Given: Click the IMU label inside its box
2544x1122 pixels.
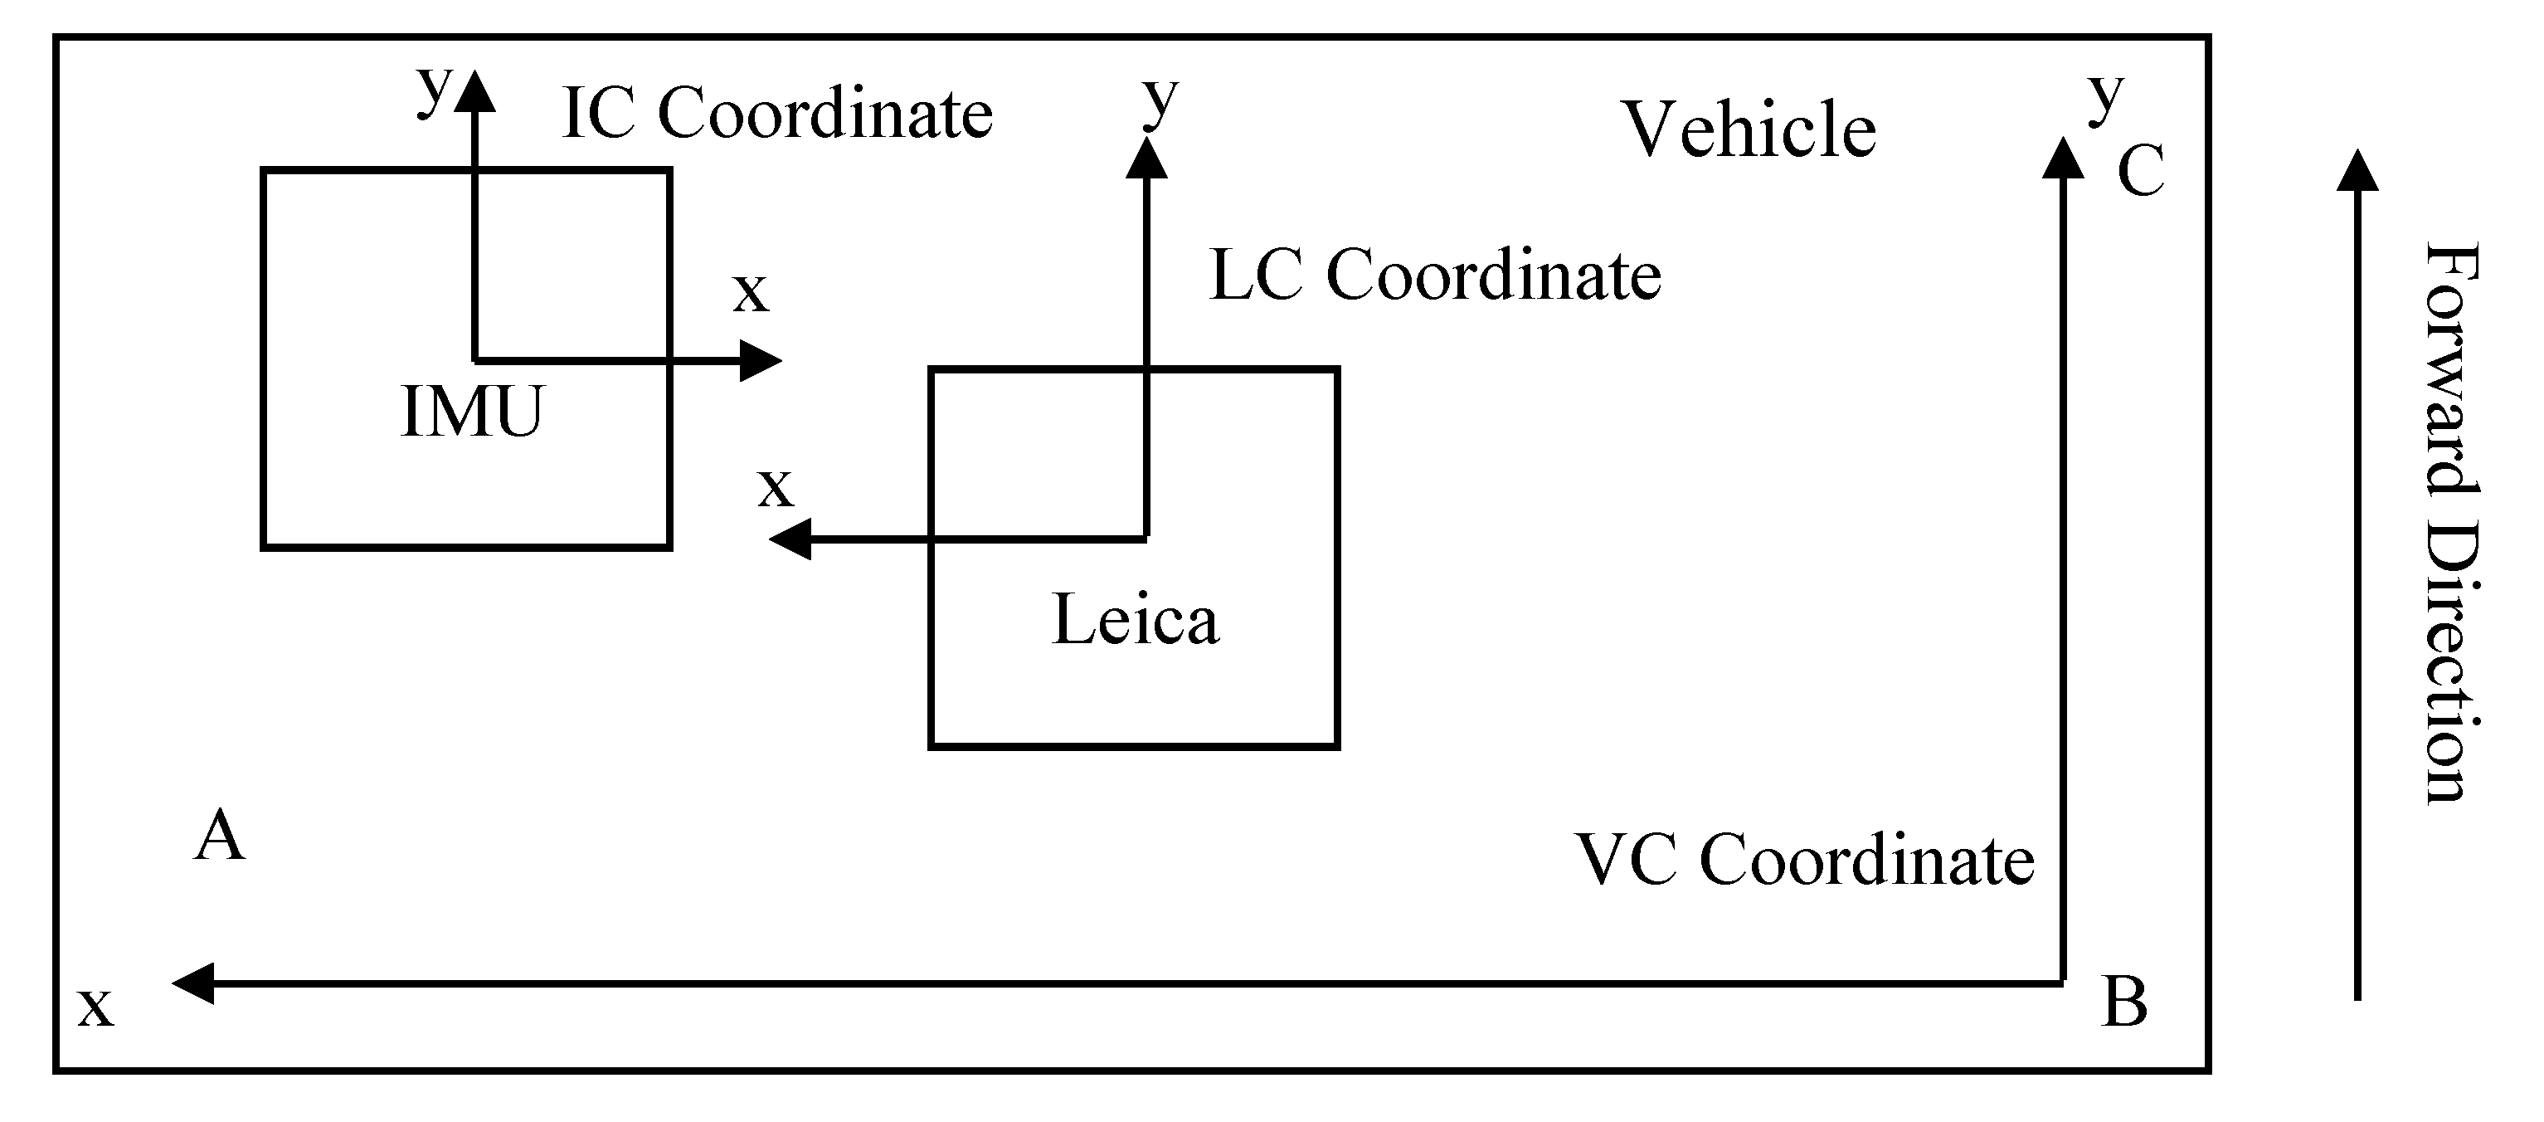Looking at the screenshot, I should (x=472, y=412).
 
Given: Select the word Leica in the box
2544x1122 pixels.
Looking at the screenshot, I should (x=1136, y=620).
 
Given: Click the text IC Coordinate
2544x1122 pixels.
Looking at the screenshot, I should (x=777, y=114).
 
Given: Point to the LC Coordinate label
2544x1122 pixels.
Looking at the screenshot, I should (x=1435, y=276).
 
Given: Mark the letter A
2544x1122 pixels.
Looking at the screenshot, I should (x=219, y=836).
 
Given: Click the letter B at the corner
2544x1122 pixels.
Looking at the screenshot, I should (x=2125, y=1002).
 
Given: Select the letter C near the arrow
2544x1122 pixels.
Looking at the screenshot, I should (x=2140, y=171).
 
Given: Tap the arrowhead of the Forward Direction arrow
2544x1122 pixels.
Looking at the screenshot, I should (x=2357, y=170).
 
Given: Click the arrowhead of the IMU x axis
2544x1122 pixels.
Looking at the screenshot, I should (x=760, y=360).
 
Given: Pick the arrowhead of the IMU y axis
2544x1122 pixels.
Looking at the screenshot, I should (x=475, y=90).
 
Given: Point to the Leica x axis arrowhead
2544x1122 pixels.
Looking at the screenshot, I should (x=790, y=539).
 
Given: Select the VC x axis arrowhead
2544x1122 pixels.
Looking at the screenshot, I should (x=193, y=983).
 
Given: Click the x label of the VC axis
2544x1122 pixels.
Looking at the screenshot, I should (x=95, y=1007).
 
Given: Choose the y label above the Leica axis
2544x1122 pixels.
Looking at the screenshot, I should (x=1160, y=100).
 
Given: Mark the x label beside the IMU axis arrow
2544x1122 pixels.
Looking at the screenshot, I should (x=751, y=293).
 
